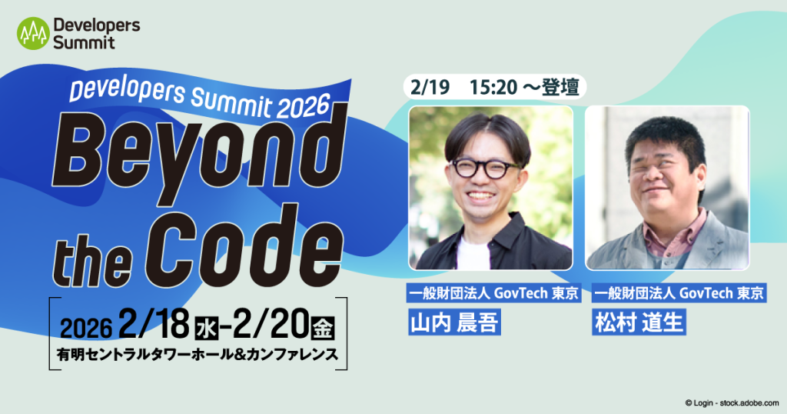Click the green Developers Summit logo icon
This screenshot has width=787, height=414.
[33, 33]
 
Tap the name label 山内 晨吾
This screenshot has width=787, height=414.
[453, 322]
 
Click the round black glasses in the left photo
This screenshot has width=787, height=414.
[484, 169]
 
